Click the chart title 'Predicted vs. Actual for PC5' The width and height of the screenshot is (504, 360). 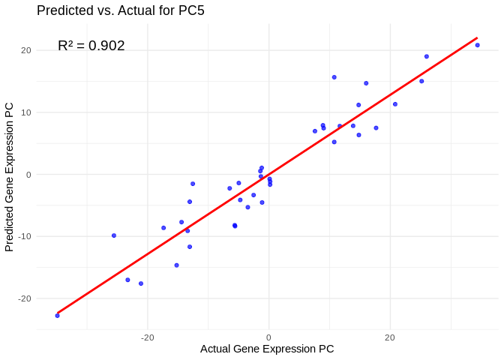click(x=120, y=10)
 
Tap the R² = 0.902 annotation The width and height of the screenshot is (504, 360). click(x=91, y=46)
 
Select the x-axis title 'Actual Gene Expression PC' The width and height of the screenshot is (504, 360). click(x=267, y=349)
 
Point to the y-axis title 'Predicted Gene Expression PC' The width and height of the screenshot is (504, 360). click(x=10, y=177)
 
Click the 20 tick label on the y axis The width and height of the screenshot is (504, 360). click(x=25, y=51)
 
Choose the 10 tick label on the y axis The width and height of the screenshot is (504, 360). click(x=25, y=112)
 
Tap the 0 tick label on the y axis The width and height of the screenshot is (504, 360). click(x=28, y=175)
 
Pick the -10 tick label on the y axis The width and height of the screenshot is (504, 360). click(x=24, y=237)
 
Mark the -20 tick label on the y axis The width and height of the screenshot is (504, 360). click(x=24, y=298)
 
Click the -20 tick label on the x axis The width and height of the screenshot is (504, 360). click(x=147, y=338)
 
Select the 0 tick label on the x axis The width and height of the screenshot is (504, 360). click(x=268, y=338)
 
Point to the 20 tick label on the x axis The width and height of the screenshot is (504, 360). click(x=390, y=338)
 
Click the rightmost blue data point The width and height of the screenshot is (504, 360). click(x=477, y=45)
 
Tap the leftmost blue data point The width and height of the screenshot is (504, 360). click(x=57, y=316)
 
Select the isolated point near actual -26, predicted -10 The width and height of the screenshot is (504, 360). click(x=114, y=235)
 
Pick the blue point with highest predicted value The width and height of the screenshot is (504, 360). click(x=477, y=45)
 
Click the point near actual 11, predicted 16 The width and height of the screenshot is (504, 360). click(x=334, y=77)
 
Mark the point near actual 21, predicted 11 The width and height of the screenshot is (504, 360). click(x=395, y=104)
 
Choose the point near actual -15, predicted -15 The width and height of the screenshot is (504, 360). click(x=176, y=265)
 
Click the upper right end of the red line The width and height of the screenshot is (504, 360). click(x=477, y=37)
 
